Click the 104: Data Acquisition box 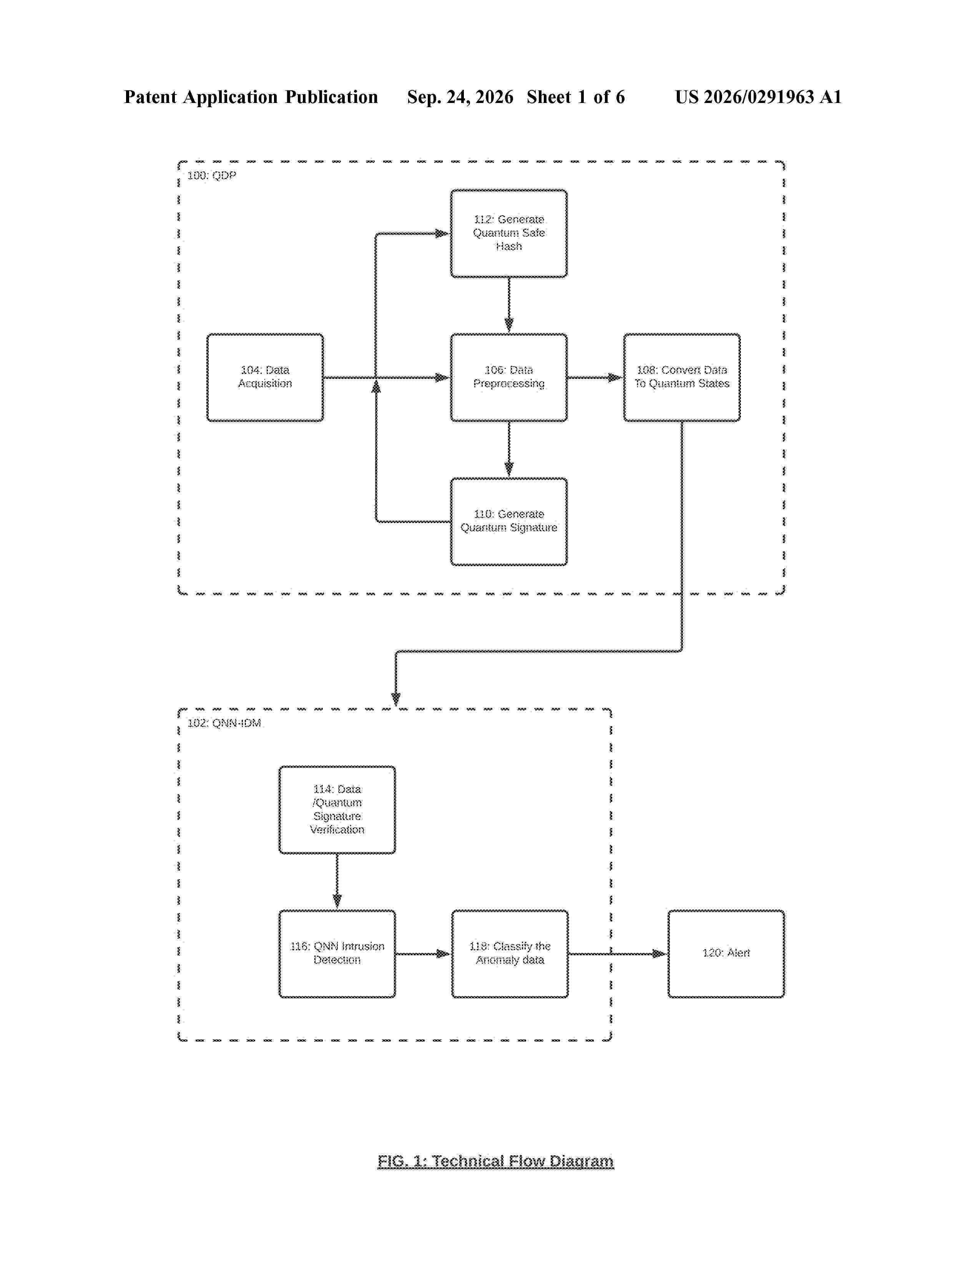point(265,377)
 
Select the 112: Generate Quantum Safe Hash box point(508,233)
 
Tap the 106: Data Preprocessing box point(508,377)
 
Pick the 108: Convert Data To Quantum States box point(682,377)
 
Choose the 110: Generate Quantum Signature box point(508,521)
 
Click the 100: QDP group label point(211,175)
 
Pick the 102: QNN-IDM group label point(224,723)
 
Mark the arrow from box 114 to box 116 point(337,882)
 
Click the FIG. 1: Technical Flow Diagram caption point(495,1161)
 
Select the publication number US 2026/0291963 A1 point(757,97)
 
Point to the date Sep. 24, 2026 point(460,97)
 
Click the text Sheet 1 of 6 point(575,97)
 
